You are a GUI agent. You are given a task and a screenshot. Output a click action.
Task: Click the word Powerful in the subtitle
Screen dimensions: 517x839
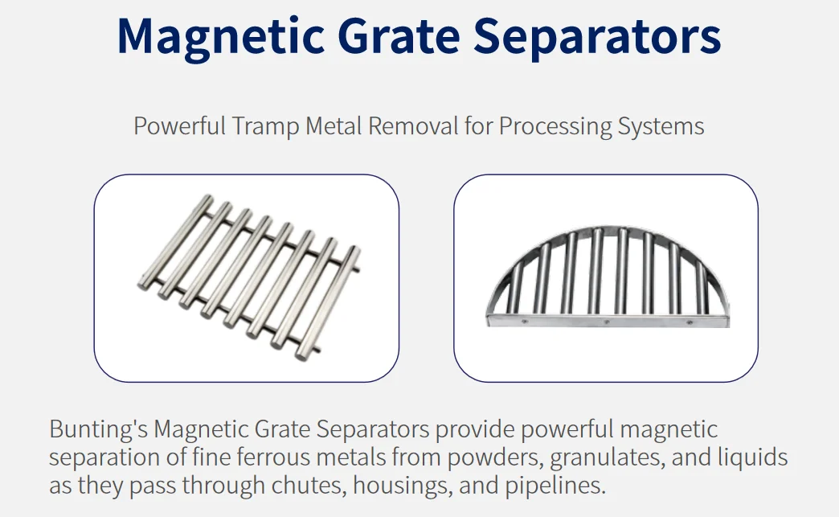(179, 126)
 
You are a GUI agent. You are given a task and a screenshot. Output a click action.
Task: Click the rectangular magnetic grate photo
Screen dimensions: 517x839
(246, 277)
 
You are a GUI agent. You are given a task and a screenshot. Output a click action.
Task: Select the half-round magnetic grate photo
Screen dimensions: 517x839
(605, 277)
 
